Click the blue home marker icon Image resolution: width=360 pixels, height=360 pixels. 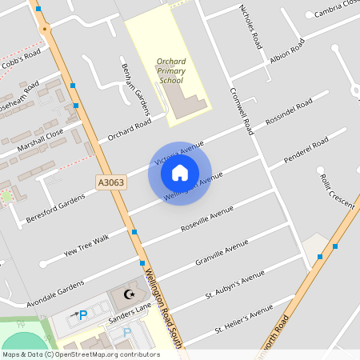tap(180, 172)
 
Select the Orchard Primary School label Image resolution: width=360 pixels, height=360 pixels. tap(170, 70)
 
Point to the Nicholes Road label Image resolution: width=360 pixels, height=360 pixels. tap(250, 26)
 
